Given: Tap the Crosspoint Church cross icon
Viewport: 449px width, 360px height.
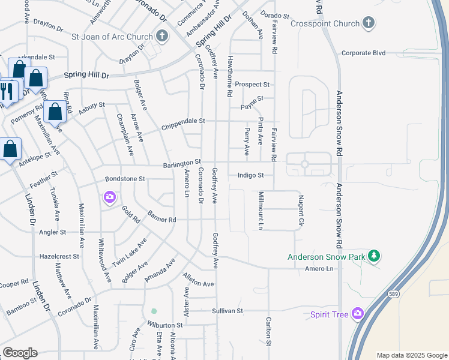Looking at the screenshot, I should click(x=369, y=23).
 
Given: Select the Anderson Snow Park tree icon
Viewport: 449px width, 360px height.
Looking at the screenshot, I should click(x=374, y=256).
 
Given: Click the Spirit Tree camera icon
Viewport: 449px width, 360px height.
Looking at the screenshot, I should click(x=358, y=314).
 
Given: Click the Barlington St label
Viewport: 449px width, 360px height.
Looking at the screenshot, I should click(x=181, y=163).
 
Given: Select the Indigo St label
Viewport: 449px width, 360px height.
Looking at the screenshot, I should click(x=250, y=175).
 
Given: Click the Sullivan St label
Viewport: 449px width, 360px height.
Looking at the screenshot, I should click(x=227, y=311).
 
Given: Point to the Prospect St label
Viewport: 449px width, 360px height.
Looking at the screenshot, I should click(x=252, y=85).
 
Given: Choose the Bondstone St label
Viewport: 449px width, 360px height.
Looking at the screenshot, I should click(x=125, y=179).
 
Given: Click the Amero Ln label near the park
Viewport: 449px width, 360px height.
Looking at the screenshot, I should click(x=319, y=269).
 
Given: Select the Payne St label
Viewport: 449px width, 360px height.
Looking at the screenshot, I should click(x=252, y=99).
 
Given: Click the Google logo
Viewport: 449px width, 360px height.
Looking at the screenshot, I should click(x=20, y=353).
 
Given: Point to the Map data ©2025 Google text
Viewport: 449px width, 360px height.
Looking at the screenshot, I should click(x=411, y=355).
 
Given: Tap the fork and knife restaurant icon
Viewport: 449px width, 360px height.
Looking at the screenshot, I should click(x=6, y=90).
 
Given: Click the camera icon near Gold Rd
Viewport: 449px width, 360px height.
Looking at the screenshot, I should click(x=109, y=196).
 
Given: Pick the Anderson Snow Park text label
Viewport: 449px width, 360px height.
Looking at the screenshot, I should click(x=326, y=257).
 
